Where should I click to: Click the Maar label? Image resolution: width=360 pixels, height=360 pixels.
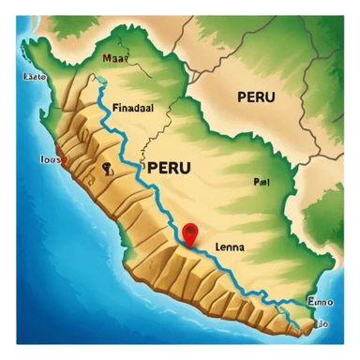(x=114, y=57)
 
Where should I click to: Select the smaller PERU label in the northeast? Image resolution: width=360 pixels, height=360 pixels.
(x=256, y=97)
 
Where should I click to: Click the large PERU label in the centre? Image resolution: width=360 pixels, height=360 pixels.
(x=170, y=168)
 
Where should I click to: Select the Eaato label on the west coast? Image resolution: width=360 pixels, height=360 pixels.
(x=34, y=78)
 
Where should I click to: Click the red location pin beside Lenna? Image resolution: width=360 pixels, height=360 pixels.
(x=190, y=233)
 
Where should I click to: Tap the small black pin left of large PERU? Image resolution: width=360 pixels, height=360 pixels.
(x=108, y=169)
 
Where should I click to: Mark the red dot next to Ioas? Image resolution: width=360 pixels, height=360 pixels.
(x=64, y=159)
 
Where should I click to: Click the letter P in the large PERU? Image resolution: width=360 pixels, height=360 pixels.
(x=148, y=168)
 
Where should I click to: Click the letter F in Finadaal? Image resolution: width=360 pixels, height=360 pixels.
(x=115, y=107)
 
